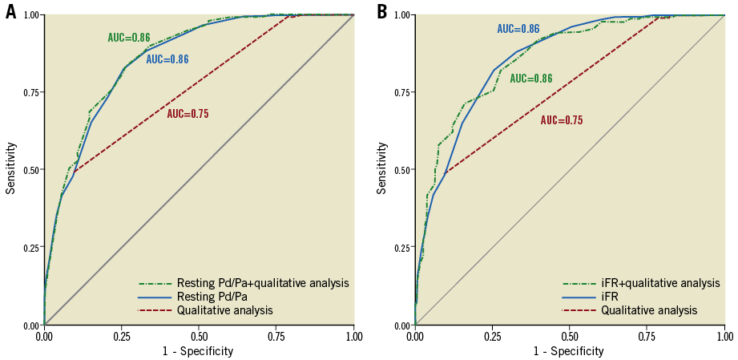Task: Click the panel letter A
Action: [x=10, y=11]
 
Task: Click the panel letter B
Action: [x=381, y=11]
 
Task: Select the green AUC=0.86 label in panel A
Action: [x=129, y=38]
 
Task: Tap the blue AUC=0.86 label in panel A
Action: [x=167, y=59]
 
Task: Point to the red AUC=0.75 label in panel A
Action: [x=188, y=114]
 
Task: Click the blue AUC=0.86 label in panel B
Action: [x=518, y=29]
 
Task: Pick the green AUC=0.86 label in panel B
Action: [x=531, y=79]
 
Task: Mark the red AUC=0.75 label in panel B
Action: [x=561, y=120]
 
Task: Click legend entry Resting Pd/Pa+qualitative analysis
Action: [x=261, y=283]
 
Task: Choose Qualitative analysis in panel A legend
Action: [x=224, y=310]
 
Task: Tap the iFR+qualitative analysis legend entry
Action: [x=660, y=283]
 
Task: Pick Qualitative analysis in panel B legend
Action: [x=649, y=310]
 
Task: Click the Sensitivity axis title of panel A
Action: [x=10, y=168]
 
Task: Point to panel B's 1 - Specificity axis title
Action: [x=569, y=351]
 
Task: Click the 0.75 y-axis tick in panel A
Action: [x=30, y=92]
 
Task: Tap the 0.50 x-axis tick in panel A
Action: [x=199, y=335]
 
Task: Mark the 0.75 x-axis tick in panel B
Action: [x=647, y=335]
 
